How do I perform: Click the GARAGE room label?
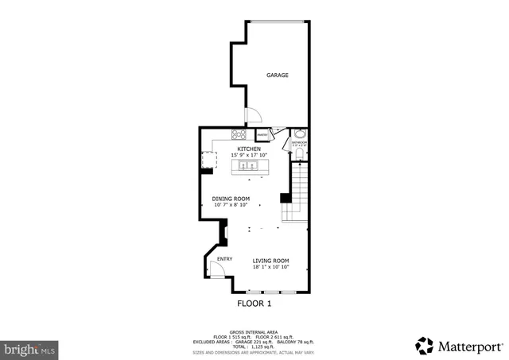[277, 75]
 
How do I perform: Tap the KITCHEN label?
[249, 149]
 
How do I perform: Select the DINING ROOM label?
[231, 199]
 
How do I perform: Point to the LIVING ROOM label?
[270, 261]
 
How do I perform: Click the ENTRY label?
[225, 258]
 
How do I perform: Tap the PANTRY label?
[262, 135]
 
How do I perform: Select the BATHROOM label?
[300, 145]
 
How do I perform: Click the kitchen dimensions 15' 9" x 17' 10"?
[249, 155]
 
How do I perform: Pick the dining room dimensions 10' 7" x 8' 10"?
[231, 205]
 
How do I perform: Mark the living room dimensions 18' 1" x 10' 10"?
[270, 267]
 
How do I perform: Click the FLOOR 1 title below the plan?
[254, 304]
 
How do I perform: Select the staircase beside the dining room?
[297, 191]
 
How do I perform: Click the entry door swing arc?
[215, 270]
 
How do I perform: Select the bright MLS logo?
[29, 348]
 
